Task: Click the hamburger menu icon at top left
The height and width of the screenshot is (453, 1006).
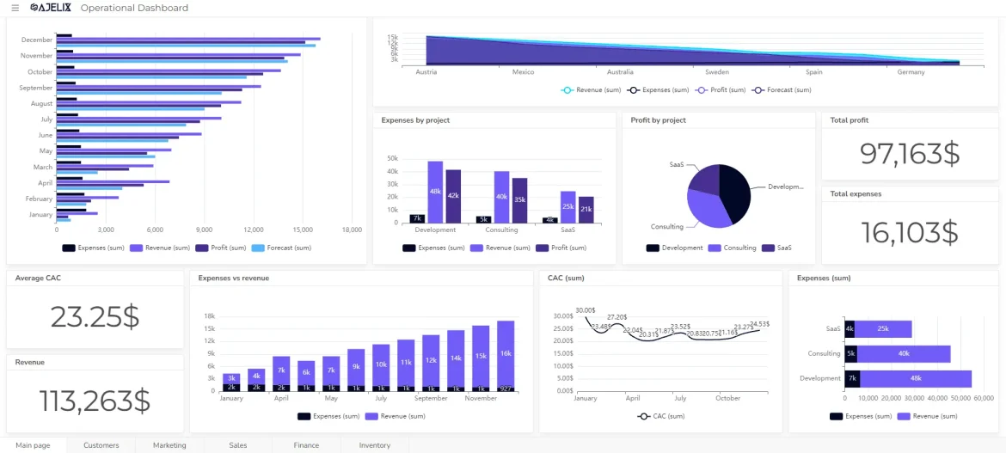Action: pyautogui.click(x=15, y=8)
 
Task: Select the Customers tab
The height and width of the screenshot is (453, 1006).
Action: pyautogui.click(x=101, y=445)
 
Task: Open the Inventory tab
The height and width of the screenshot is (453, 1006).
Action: pyautogui.click(x=374, y=445)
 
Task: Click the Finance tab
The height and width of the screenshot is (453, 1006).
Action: pyautogui.click(x=306, y=445)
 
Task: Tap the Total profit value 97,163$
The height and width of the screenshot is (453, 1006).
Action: pyautogui.click(x=909, y=153)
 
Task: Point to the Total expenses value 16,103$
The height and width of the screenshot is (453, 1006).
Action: pyautogui.click(x=909, y=232)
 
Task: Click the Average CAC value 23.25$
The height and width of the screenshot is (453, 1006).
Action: pyautogui.click(x=95, y=316)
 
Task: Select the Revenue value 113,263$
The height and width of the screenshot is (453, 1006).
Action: pyautogui.click(x=95, y=400)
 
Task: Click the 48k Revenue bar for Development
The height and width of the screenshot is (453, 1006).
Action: pyautogui.click(x=435, y=192)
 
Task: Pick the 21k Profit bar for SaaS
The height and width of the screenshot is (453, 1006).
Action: pyautogui.click(x=586, y=210)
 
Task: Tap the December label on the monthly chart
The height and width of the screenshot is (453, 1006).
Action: pyautogui.click(x=37, y=40)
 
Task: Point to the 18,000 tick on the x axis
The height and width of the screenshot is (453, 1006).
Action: pyautogui.click(x=351, y=230)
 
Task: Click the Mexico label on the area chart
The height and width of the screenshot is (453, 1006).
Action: pyautogui.click(x=523, y=72)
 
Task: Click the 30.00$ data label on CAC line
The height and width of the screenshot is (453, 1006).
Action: pyautogui.click(x=586, y=309)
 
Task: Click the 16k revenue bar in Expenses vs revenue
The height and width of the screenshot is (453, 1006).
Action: pyautogui.click(x=506, y=353)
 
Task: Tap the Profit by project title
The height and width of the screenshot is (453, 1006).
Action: pyautogui.click(x=658, y=120)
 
